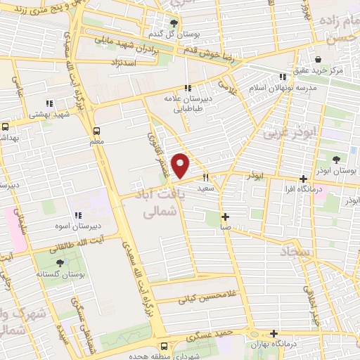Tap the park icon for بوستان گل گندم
tap(174, 22)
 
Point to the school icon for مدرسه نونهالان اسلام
tap(283, 77)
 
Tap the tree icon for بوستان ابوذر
tap(335, 159)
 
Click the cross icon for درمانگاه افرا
tap(303, 179)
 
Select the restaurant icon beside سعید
tap(206, 178)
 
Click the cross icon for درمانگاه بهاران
tap(274, 333)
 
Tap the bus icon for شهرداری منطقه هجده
tap(165, 346)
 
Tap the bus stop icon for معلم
tap(97, 130)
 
